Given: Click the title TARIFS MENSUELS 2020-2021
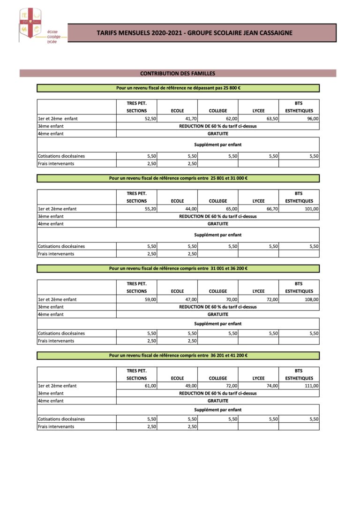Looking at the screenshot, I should [x=195, y=33].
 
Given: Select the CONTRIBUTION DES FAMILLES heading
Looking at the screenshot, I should [x=178, y=73].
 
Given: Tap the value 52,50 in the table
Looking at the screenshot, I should [x=150, y=119].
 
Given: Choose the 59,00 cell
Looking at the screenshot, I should [x=150, y=299].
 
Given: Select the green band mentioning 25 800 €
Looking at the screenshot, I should [x=178, y=88].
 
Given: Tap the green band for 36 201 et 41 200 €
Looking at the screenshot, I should [x=178, y=355].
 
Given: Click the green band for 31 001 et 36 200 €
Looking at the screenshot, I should [x=178, y=268].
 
